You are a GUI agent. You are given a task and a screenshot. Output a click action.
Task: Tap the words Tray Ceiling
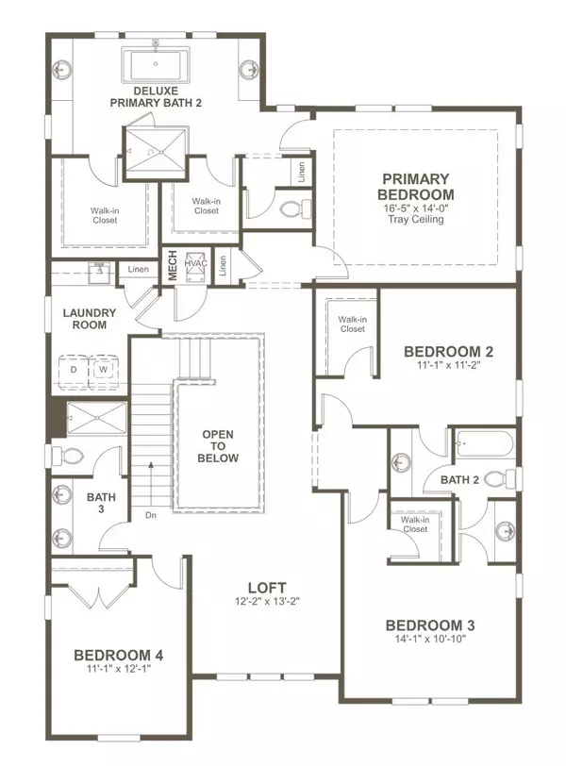coord(415,220)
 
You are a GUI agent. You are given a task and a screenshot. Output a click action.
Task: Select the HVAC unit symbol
coord(197,265)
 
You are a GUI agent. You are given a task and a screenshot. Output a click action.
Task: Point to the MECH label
coord(174,266)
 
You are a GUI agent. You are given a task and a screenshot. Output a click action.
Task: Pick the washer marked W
coord(104,371)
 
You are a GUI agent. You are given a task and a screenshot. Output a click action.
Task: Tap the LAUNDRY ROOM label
coord(89,319)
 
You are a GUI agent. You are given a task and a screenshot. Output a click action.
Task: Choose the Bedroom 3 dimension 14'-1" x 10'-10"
coord(429,640)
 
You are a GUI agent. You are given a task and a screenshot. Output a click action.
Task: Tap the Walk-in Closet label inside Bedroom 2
coord(352,324)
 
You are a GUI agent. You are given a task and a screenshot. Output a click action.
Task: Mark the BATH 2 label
coord(460,480)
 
